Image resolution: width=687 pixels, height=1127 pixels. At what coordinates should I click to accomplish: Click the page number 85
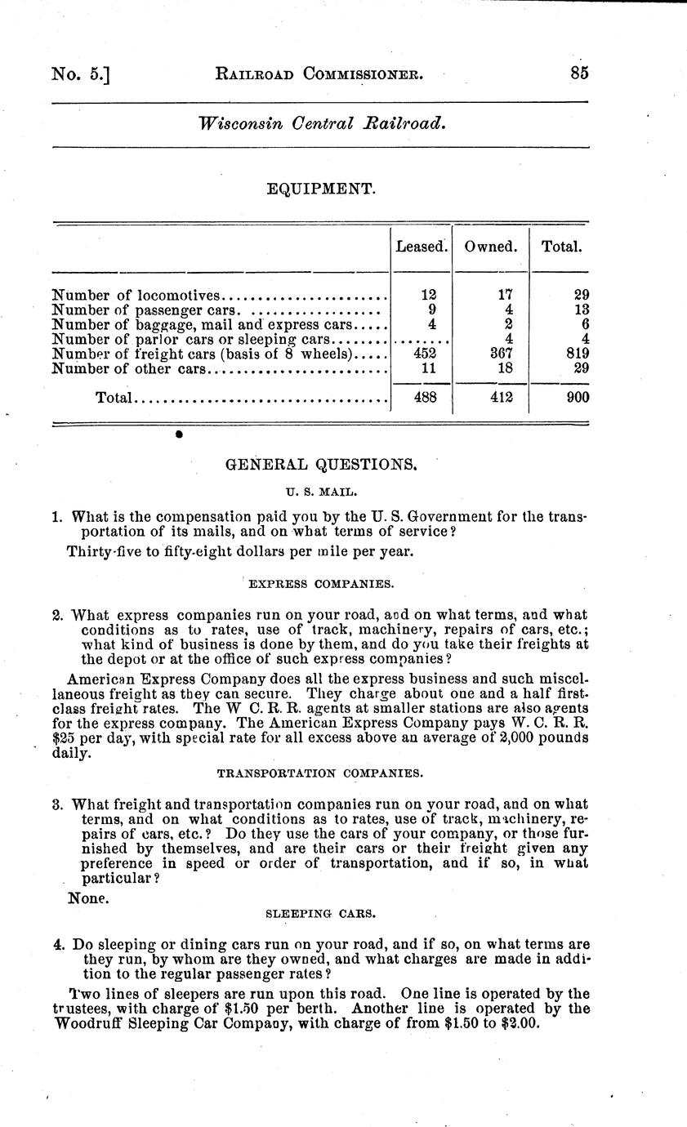(579, 73)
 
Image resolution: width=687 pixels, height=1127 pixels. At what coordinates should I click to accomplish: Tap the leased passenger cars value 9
(431, 310)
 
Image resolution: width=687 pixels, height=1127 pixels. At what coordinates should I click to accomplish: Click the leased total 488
(422, 398)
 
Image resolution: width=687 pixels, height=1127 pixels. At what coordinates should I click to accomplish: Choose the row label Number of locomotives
(136, 295)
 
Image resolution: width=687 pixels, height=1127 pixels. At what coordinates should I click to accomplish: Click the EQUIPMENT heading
(321, 189)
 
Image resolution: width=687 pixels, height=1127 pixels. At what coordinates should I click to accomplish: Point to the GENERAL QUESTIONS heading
(321, 465)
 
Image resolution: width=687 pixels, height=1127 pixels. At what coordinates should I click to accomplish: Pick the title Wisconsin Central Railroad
(321, 124)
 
